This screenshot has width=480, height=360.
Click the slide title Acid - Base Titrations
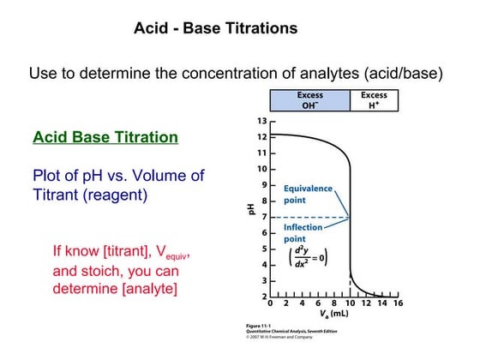click(216, 28)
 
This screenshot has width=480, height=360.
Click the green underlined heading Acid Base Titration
click(105, 137)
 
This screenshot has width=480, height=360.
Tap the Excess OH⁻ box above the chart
click(310, 100)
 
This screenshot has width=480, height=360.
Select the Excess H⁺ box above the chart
click(374, 100)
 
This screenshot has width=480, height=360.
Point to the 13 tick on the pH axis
click(262, 121)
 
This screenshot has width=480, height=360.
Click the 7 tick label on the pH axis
click(262, 217)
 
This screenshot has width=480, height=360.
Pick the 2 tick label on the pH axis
click(262, 297)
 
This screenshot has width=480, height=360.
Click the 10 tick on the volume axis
click(351, 303)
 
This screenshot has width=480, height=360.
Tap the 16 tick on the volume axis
click(398, 303)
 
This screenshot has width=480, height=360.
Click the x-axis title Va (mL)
click(334, 314)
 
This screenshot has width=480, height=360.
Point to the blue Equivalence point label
click(308, 194)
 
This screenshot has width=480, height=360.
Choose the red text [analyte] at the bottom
click(142, 289)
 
